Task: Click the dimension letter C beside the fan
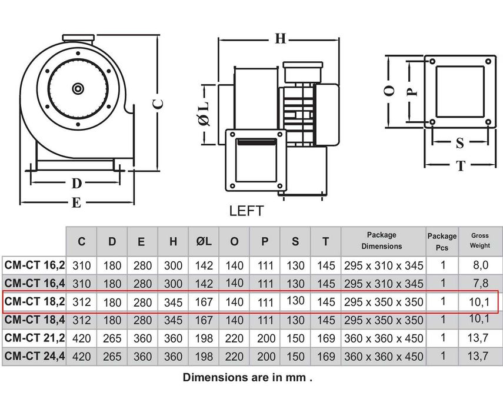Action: [158, 104]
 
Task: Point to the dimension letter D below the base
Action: [76, 184]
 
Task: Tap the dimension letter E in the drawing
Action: [76, 203]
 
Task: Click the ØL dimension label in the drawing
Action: [204, 114]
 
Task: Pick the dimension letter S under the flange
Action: [460, 143]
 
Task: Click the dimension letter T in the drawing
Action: [461, 165]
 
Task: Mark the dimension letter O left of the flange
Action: [389, 91]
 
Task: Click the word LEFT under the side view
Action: [246, 211]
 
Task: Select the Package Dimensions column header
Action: [382, 241]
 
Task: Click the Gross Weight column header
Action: [480, 241]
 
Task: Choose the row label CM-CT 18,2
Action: [35, 301]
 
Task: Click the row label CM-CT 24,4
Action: [35, 356]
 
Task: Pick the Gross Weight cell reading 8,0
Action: [480, 265]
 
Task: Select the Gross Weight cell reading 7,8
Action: [480, 283]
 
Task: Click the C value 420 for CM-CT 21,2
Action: [82, 338]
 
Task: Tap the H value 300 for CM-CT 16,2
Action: [173, 265]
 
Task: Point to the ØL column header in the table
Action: [204, 241]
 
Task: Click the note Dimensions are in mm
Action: [247, 377]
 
